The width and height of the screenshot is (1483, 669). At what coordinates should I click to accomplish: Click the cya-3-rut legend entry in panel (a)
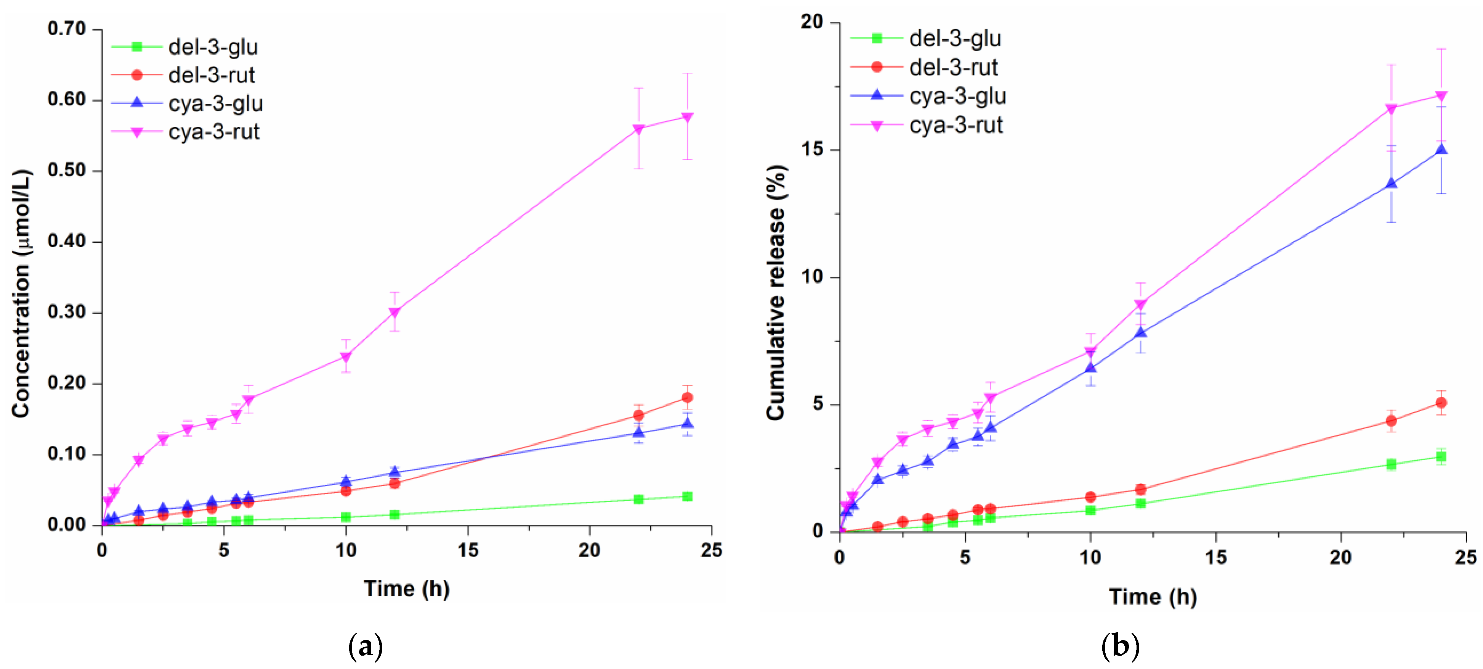(x=213, y=132)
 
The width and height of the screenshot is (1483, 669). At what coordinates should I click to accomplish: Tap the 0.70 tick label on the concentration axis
(x=67, y=28)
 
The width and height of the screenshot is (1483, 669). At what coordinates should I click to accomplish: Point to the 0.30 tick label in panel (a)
(x=67, y=312)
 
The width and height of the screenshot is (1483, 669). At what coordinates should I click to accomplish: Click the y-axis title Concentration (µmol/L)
(x=21, y=293)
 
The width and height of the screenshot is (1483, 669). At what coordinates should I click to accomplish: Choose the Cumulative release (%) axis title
(x=776, y=292)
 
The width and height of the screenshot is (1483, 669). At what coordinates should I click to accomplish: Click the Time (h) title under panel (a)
(x=406, y=588)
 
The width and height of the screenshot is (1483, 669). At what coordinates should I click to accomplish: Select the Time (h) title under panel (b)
(x=1153, y=596)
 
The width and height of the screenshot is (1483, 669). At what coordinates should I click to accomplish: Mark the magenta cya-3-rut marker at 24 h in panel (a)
(x=687, y=117)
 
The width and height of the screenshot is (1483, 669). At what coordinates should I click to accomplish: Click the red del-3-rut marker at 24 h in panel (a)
(x=687, y=398)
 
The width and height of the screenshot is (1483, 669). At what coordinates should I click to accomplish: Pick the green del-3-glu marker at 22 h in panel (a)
(x=638, y=499)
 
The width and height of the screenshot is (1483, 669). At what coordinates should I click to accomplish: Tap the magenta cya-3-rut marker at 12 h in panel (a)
(x=394, y=312)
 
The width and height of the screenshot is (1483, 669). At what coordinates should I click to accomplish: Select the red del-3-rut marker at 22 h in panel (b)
(x=1391, y=421)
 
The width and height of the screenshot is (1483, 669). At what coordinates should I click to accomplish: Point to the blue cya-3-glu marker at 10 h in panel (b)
(x=1090, y=368)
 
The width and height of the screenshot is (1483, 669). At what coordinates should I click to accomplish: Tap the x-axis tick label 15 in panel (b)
(x=1215, y=557)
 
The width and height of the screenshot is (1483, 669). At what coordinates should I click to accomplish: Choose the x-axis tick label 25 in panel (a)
(x=711, y=550)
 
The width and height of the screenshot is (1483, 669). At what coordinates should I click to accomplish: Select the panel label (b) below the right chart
(x=1120, y=646)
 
